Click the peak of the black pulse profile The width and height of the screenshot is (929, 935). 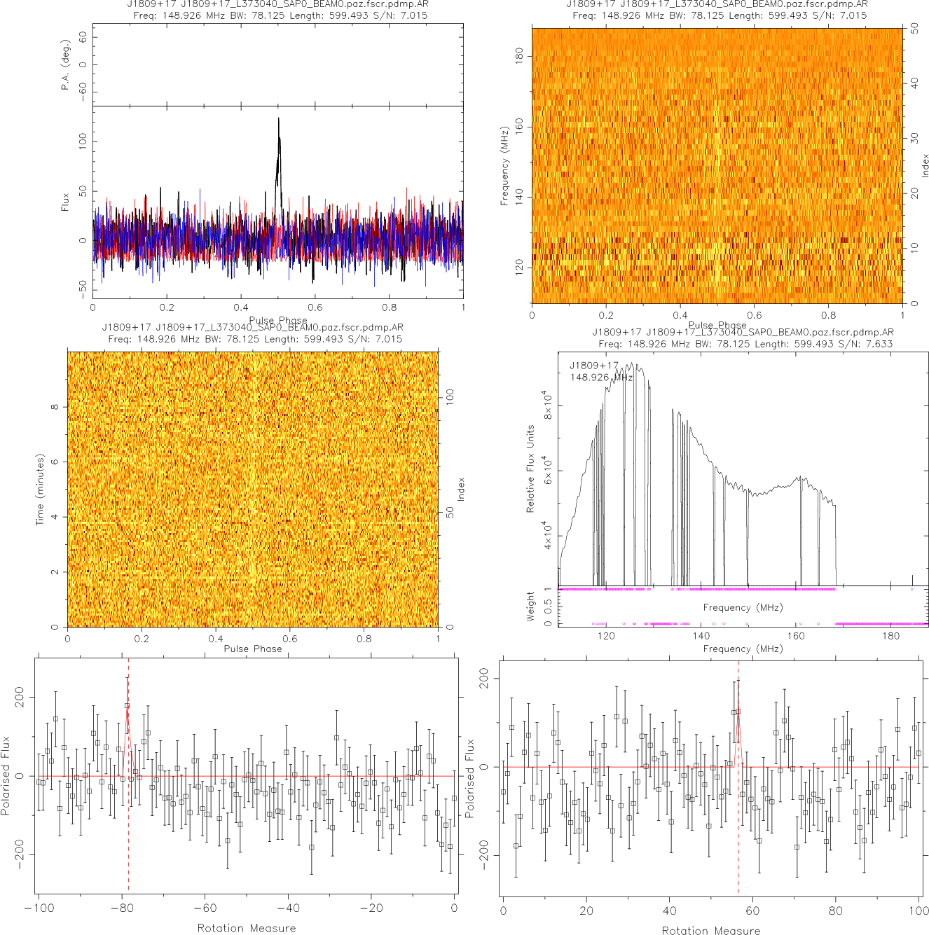[278, 119]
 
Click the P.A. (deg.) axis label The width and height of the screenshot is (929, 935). [65, 65]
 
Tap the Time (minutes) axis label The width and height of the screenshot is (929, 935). [40, 489]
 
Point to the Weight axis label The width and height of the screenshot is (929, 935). [530, 606]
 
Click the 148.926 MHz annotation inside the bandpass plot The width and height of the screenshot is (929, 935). [601, 378]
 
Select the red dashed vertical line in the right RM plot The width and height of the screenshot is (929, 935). [738, 840]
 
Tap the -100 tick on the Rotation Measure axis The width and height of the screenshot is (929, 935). [39, 908]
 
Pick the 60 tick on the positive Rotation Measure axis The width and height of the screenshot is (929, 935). [752, 910]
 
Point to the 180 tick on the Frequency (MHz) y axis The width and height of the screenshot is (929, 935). [519, 56]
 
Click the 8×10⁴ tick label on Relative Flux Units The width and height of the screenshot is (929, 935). [548, 405]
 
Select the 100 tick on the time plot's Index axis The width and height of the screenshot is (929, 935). [450, 398]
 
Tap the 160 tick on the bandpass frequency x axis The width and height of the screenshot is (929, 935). [796, 636]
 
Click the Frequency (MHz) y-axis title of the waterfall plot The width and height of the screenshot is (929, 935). [504, 166]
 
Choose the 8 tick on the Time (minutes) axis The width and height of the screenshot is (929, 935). [55, 407]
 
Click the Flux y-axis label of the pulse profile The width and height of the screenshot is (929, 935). [65, 202]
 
